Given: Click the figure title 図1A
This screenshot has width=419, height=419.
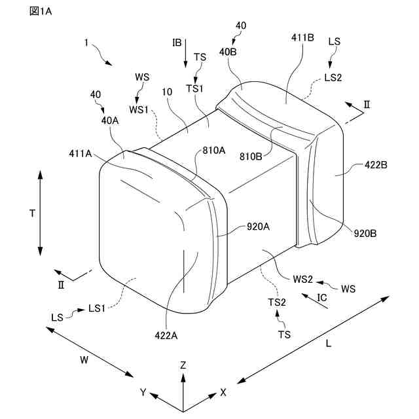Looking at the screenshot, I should tap(40, 12).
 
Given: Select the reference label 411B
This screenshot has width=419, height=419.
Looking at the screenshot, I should tap(303, 39).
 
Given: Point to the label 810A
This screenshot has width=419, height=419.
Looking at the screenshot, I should tap(213, 150).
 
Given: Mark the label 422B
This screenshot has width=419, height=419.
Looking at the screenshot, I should tap(375, 166).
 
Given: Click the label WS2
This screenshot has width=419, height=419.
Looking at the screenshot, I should tap(304, 280).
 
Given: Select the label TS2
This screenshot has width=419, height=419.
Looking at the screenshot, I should tap(277, 302).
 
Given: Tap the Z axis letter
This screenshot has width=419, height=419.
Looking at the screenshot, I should tap(183, 365).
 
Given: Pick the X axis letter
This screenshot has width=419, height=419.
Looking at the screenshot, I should tap(223, 393).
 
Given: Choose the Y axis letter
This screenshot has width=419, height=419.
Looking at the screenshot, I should tap(143, 393).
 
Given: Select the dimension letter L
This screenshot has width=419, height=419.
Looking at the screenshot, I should tap(328, 343).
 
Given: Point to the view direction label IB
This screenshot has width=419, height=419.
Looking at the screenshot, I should tap(177, 43).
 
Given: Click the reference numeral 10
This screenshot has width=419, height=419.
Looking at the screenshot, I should tap(168, 93).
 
